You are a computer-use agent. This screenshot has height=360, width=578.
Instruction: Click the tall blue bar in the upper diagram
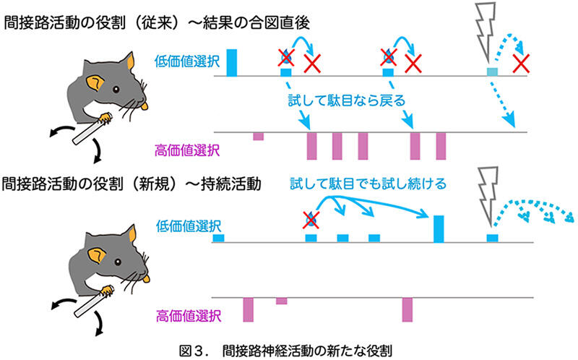tap(232, 62)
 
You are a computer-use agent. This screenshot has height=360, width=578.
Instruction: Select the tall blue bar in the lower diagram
tap(438, 228)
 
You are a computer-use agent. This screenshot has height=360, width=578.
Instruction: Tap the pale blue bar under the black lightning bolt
tap(492, 72)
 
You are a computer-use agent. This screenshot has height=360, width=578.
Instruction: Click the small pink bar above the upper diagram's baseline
tap(258, 136)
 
